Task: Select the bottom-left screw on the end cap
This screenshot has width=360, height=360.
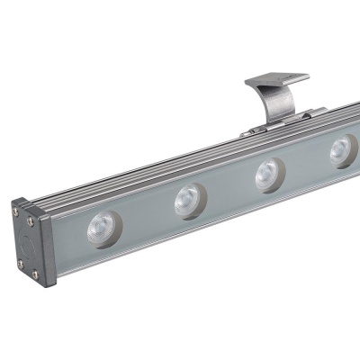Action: pyautogui.click(x=20, y=263)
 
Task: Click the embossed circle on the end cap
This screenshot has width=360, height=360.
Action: pyautogui.click(x=27, y=241)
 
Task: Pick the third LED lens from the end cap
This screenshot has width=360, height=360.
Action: pyautogui.click(x=267, y=174)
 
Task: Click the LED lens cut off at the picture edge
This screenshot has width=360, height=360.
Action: pyautogui.click(x=342, y=149)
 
